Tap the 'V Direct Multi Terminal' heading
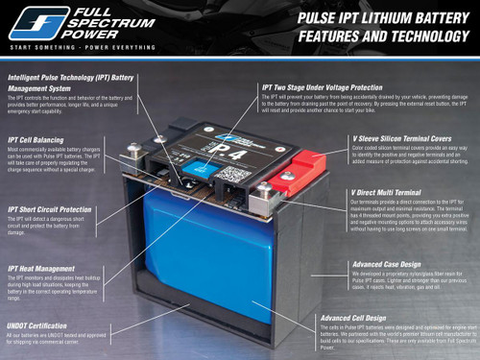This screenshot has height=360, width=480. (x=385, y=192)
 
